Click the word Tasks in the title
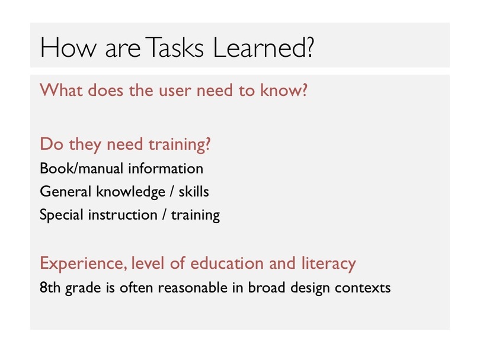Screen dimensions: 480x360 click(174, 47)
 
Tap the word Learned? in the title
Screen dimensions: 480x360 click(264, 47)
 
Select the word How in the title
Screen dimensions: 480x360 click(68, 47)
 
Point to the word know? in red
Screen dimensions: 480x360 click(284, 90)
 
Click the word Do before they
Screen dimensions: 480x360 click(52, 144)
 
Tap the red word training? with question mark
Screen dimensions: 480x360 click(180, 145)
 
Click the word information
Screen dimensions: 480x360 click(165, 168)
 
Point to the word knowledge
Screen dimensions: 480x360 click(131, 192)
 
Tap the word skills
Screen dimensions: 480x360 click(194, 191)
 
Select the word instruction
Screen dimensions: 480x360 click(123, 215)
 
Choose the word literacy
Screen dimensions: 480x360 click(329, 264)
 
